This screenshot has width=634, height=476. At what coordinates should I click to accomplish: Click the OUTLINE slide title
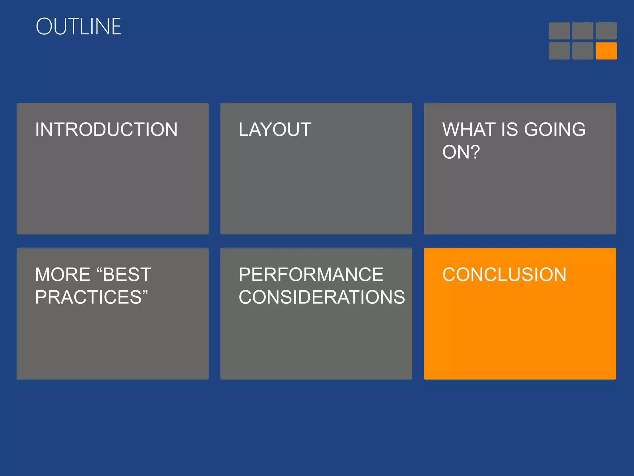(x=78, y=27)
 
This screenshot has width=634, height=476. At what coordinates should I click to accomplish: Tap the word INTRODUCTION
(x=106, y=130)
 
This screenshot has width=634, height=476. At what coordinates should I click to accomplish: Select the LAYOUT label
(x=275, y=130)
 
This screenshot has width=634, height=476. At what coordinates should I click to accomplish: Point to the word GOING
(x=555, y=130)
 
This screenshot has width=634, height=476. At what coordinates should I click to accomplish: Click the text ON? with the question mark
(x=461, y=152)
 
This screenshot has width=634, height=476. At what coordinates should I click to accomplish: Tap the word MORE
(x=63, y=275)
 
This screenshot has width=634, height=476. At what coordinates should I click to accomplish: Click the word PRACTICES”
(x=91, y=297)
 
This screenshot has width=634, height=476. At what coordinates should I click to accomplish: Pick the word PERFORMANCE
(x=311, y=275)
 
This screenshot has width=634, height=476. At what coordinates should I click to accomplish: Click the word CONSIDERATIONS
(x=322, y=297)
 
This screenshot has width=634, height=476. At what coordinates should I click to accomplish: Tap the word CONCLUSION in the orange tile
(x=504, y=275)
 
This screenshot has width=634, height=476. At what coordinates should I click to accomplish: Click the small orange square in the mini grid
(x=606, y=51)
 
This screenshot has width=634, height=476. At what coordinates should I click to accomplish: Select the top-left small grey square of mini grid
(x=559, y=31)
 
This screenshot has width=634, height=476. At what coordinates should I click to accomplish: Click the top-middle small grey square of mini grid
(x=583, y=31)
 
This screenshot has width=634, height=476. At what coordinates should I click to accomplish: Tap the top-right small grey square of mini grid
(x=606, y=31)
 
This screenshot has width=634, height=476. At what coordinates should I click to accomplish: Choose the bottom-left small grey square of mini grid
(x=559, y=51)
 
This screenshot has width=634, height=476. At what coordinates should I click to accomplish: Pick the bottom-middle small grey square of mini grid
(x=583, y=51)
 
